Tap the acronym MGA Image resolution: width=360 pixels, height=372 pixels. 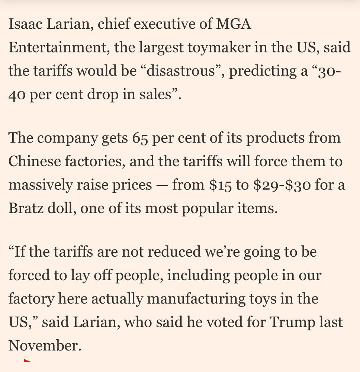point(234,25)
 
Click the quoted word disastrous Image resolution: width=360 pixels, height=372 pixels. point(180,71)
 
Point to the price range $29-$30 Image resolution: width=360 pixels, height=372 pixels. point(281,185)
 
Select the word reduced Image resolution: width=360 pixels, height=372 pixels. point(179,252)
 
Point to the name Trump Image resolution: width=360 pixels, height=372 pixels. point(291,322)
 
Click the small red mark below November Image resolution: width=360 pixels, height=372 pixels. point(27,360)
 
